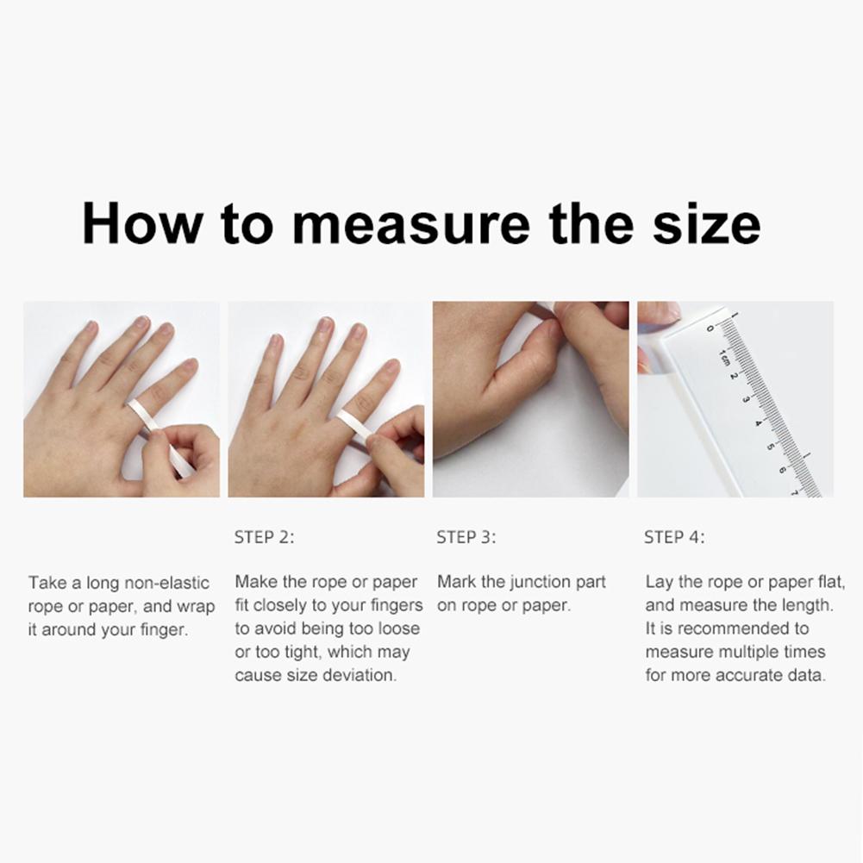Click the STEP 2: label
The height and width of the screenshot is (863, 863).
click(264, 537)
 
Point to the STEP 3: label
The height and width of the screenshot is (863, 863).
click(466, 537)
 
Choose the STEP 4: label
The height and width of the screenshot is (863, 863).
click(674, 537)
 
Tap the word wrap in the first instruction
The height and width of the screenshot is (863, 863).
click(195, 606)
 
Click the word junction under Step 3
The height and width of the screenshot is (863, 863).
click(528, 582)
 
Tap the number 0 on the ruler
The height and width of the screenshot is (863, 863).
click(710, 328)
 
